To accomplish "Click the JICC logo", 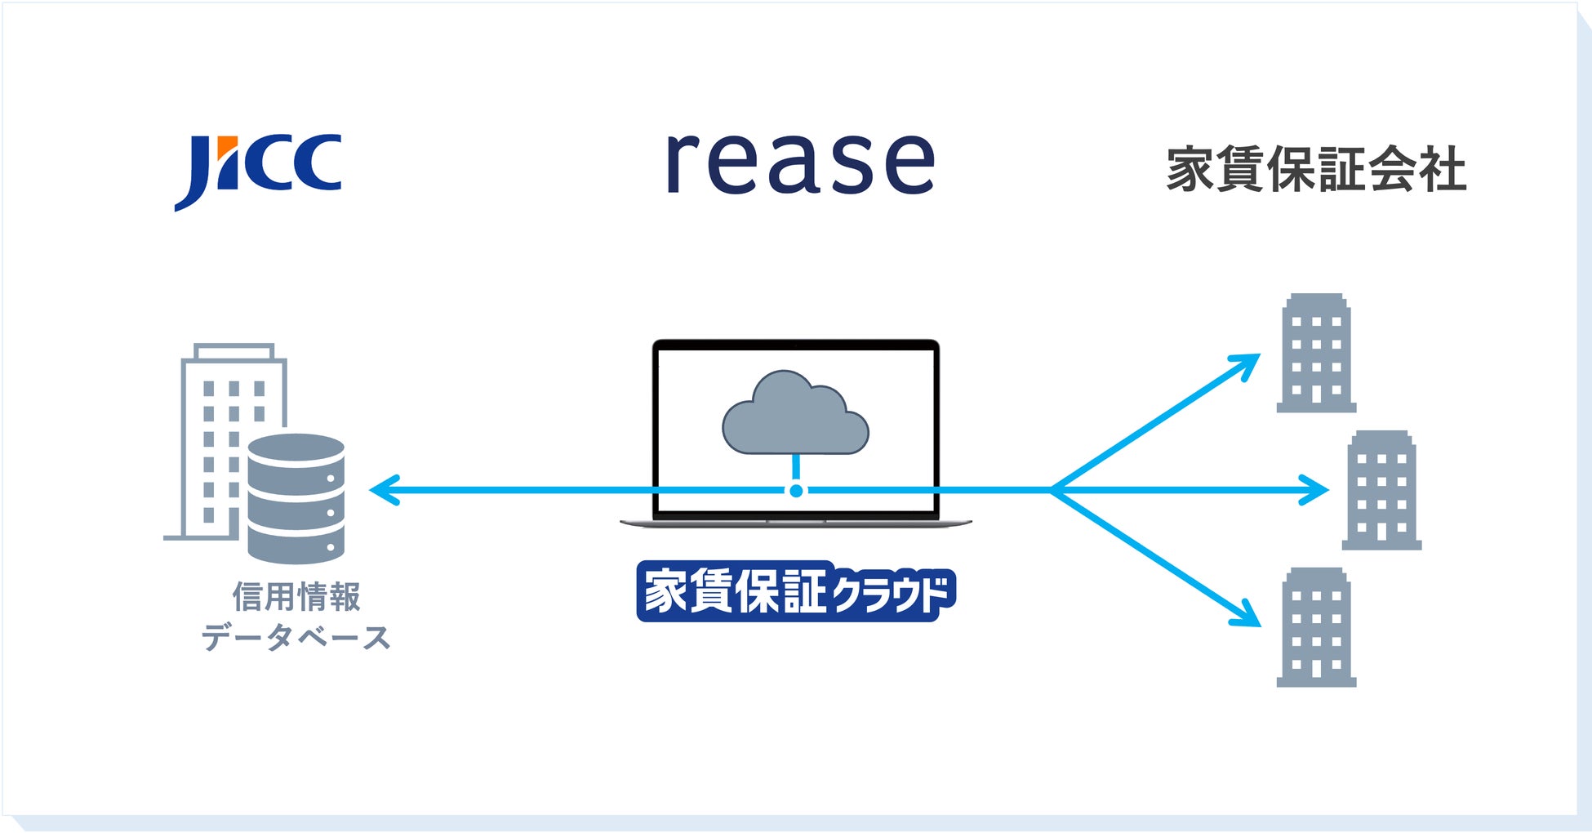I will point(258,169).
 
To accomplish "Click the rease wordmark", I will point(800,163).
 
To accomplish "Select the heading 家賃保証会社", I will point(1316,170).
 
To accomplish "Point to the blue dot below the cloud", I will point(796,491).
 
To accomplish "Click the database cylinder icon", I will point(296,498).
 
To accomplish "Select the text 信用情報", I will point(296,596).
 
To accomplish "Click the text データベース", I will point(296,637).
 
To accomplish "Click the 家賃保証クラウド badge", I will point(795,591).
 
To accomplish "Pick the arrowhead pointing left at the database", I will point(382,491).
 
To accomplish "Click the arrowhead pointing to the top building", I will point(1247,363).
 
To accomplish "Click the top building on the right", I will point(1315,354).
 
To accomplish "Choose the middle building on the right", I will point(1381,491).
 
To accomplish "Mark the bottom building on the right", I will point(1315,627).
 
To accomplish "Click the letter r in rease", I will point(682,163).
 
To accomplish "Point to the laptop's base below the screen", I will point(795,522).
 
